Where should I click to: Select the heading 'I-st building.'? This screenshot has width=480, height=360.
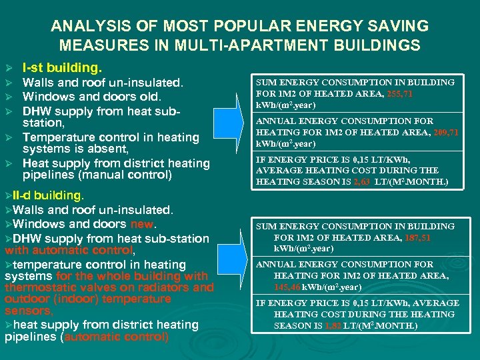tap(62, 68)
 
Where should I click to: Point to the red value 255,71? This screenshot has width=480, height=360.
tap(399, 94)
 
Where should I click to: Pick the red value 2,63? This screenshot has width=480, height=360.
tap(363, 182)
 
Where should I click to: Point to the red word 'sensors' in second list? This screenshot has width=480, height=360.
tap(27, 311)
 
